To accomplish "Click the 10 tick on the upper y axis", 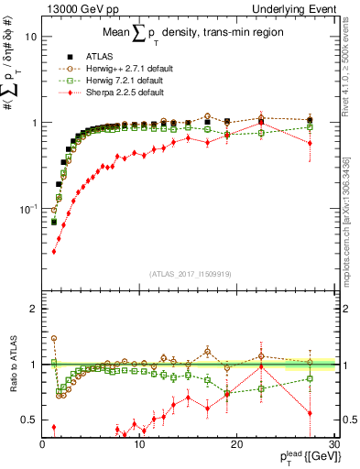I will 30,37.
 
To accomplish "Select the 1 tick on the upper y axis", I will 33,123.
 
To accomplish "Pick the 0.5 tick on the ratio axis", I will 29,420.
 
